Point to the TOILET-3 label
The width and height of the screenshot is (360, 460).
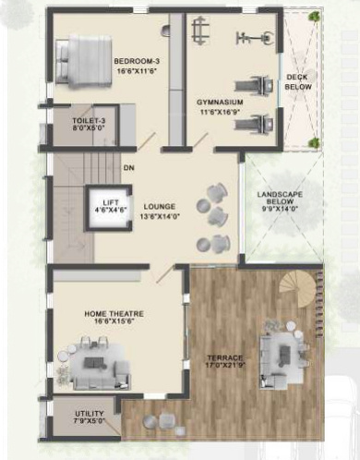90,121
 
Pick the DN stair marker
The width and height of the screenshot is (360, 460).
127,167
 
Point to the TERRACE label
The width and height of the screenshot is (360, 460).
224,357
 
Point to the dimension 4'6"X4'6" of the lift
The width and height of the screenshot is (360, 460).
111,212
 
